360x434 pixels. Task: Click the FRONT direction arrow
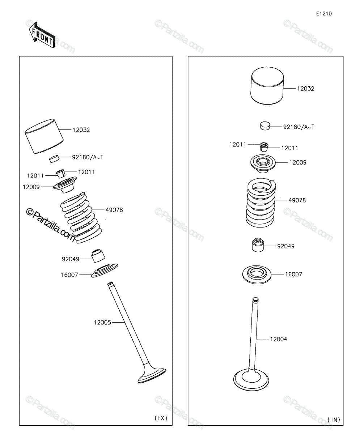[x=42, y=35]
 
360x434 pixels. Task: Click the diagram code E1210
[x=324, y=13]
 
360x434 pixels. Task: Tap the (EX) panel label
[x=161, y=418]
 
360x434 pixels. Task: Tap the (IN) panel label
[x=334, y=420]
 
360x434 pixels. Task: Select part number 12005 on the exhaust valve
[x=102, y=322]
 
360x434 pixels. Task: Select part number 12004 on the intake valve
[x=279, y=339]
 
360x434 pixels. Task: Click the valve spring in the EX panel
[x=81, y=217]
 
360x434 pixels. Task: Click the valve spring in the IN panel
[x=261, y=203]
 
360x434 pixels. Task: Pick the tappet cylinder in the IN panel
[x=267, y=85]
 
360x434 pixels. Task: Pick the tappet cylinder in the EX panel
[x=44, y=136]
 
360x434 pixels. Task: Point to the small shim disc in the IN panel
[x=265, y=126]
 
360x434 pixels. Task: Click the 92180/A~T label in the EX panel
[x=88, y=157]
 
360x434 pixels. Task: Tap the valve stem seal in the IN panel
[x=258, y=245]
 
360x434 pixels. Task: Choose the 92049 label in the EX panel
[x=71, y=259]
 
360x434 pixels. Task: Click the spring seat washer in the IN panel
[x=257, y=275]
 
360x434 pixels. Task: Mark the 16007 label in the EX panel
[x=69, y=275]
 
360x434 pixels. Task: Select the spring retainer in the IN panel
[x=263, y=163]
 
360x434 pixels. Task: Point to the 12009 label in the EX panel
[x=31, y=187]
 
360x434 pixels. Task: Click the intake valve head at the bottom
[x=251, y=380]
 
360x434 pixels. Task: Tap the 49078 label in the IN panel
[x=297, y=200]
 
